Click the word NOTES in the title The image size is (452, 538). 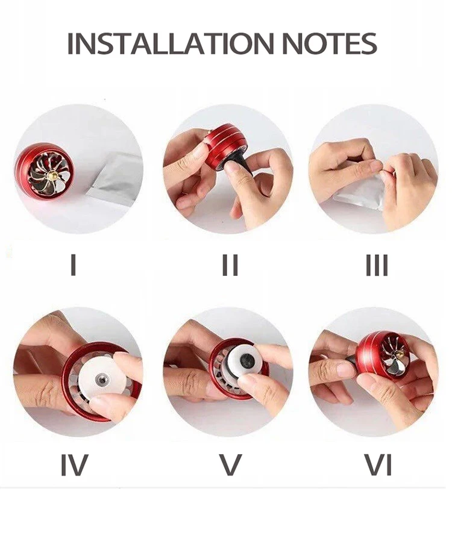(x=331, y=43)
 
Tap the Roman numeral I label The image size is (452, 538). (x=73, y=265)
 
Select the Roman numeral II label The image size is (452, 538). (x=230, y=265)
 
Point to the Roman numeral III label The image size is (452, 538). (x=377, y=265)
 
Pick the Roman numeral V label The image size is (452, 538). (x=230, y=464)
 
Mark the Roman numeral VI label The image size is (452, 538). (x=378, y=464)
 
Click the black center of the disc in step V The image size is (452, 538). (x=248, y=361)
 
